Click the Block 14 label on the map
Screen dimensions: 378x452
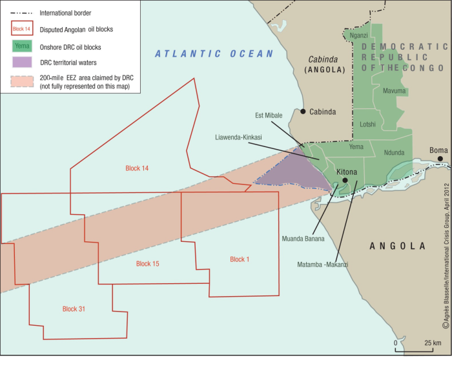click(137, 168)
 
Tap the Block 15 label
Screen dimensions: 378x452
click(147, 264)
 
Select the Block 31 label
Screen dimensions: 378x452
click(74, 309)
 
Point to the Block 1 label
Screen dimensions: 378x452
click(239, 259)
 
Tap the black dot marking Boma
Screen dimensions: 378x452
click(439, 159)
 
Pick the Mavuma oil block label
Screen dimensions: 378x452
click(394, 91)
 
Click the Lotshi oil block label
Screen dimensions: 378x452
click(368, 123)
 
